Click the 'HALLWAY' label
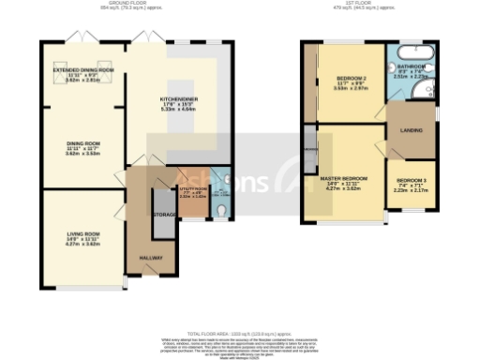151,256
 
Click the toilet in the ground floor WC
220,211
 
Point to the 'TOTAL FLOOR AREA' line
239,334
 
